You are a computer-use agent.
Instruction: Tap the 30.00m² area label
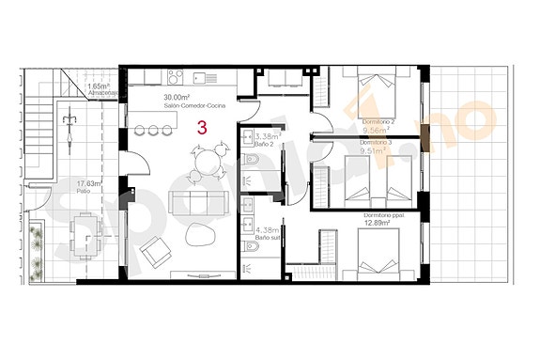click(x=177, y=98)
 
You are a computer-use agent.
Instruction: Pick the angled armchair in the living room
click(x=155, y=252)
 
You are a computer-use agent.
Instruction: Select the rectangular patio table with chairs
click(x=84, y=231)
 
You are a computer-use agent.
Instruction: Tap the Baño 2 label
click(x=266, y=145)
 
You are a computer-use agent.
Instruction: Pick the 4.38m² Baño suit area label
click(x=268, y=230)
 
